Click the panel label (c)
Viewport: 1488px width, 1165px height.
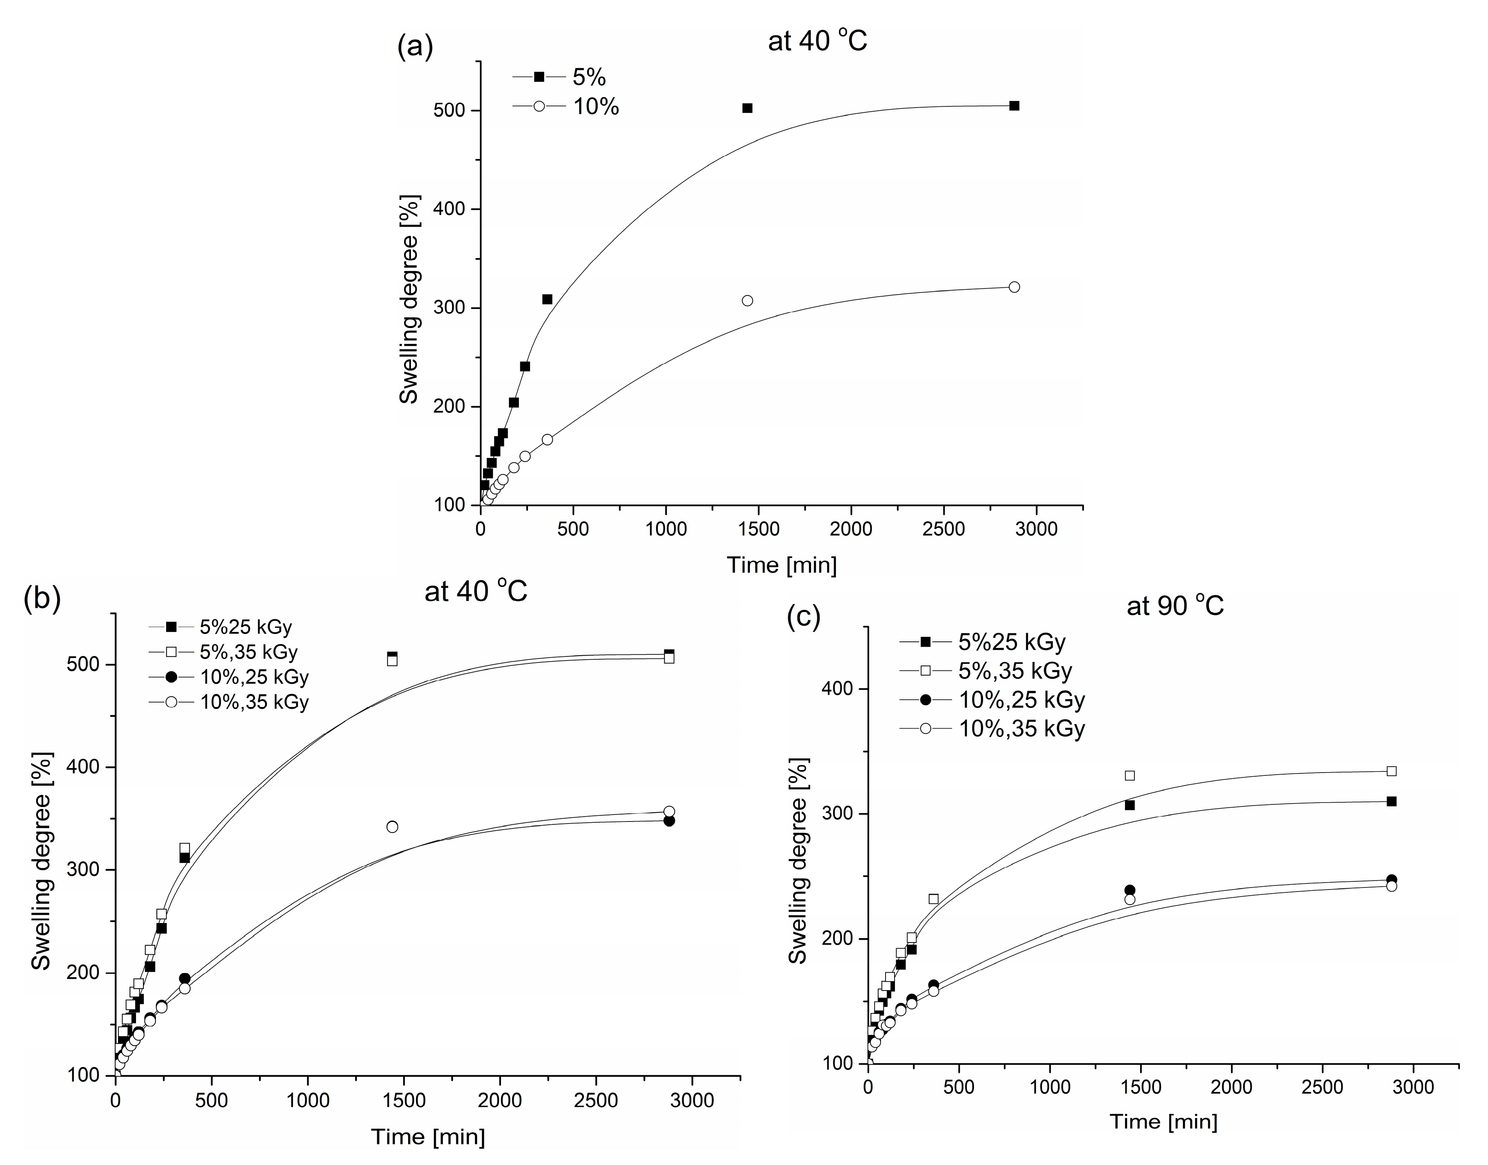803,616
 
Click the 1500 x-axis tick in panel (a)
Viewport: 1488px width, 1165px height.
758,529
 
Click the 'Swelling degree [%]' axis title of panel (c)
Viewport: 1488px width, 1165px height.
797,860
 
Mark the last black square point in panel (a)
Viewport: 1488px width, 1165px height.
1014,106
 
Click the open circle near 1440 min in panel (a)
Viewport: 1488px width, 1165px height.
747,301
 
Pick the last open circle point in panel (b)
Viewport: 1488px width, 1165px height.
669,812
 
